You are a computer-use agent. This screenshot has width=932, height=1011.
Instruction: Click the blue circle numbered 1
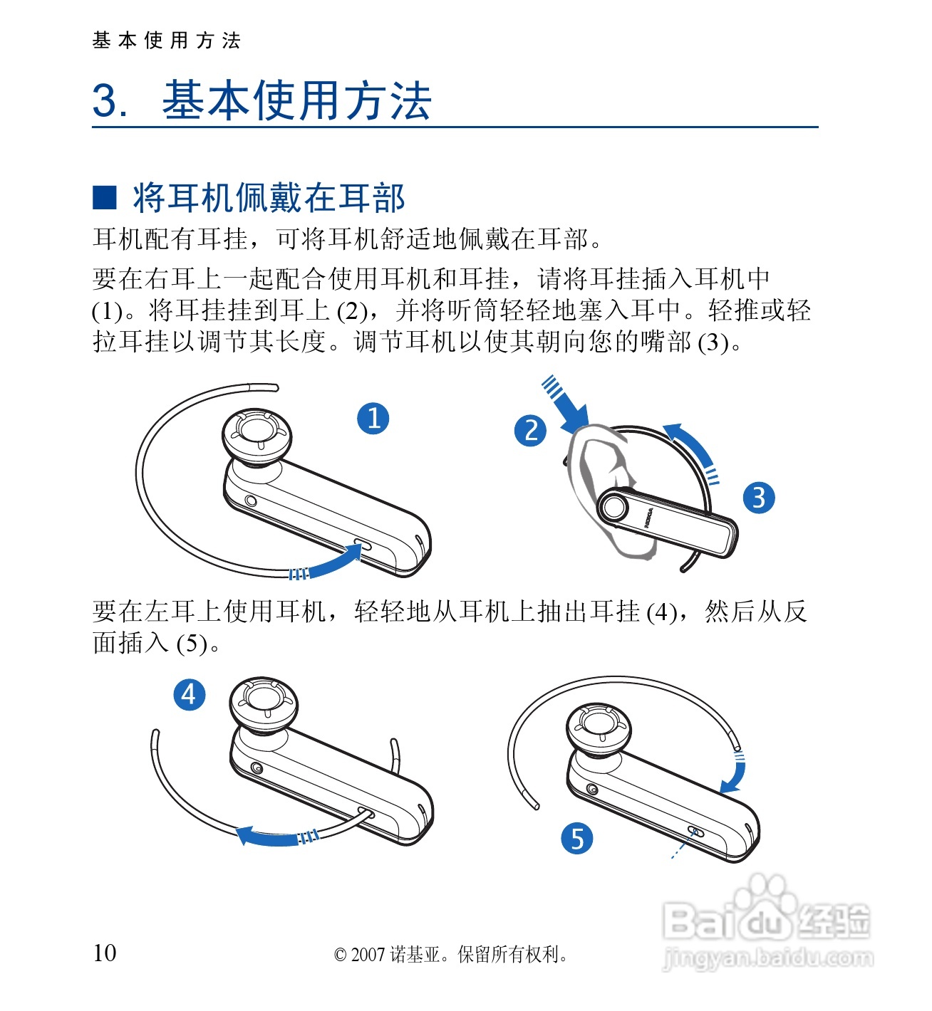[373, 419]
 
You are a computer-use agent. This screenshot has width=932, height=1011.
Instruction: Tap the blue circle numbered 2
[530, 431]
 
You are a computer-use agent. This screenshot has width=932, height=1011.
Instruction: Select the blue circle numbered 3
[759, 498]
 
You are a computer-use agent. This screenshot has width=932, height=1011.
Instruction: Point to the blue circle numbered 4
[190, 694]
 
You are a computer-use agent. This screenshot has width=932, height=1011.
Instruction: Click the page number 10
[105, 953]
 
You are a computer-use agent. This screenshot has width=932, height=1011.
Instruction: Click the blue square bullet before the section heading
[105, 197]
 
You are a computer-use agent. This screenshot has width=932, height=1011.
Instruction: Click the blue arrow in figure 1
[327, 562]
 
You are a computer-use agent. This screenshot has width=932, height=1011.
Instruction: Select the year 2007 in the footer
[368, 955]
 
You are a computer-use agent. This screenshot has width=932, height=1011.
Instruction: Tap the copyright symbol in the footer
[341, 955]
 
